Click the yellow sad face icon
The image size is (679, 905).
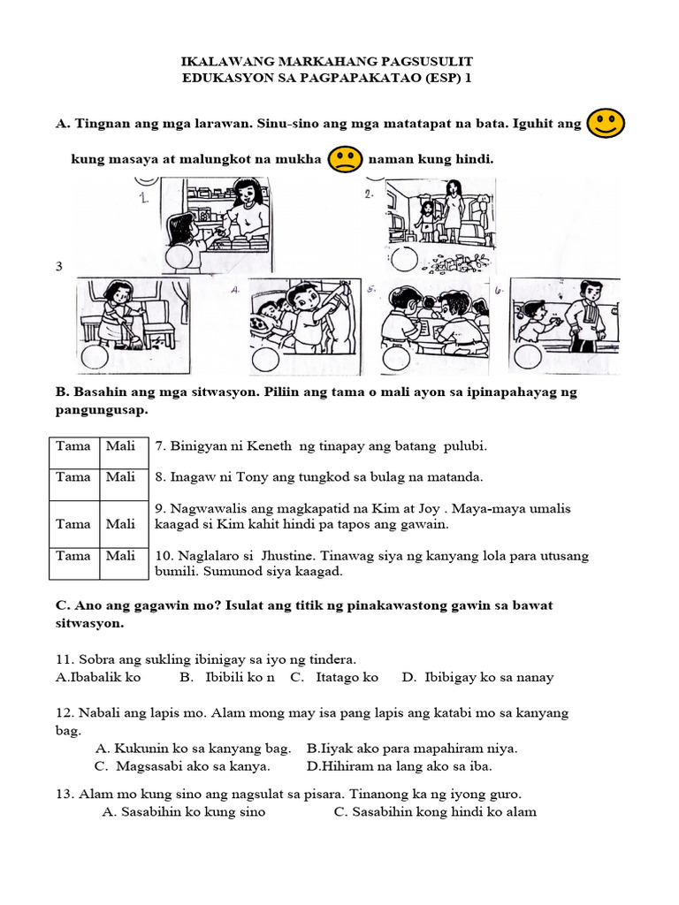click(345, 160)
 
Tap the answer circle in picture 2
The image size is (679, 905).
click(403, 259)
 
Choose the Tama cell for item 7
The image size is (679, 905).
click(73, 446)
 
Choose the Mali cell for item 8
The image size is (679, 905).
click(120, 477)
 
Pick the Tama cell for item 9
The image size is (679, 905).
click(73, 524)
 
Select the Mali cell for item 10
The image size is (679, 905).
click(120, 556)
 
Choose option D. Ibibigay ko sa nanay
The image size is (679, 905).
click(477, 677)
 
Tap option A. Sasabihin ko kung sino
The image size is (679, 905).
click(184, 811)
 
